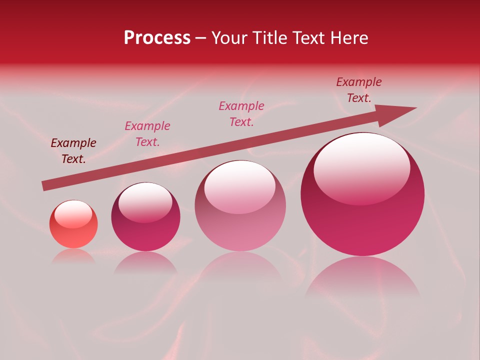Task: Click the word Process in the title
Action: (x=157, y=38)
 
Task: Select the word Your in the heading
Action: (x=229, y=38)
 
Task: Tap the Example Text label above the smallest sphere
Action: (x=73, y=151)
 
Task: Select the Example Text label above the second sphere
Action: (x=147, y=134)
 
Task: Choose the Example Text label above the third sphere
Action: (x=241, y=113)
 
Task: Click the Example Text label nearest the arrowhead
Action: (x=359, y=90)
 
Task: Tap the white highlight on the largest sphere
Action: (x=361, y=167)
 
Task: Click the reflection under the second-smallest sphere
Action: (x=145, y=262)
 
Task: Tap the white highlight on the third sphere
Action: (x=240, y=187)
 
